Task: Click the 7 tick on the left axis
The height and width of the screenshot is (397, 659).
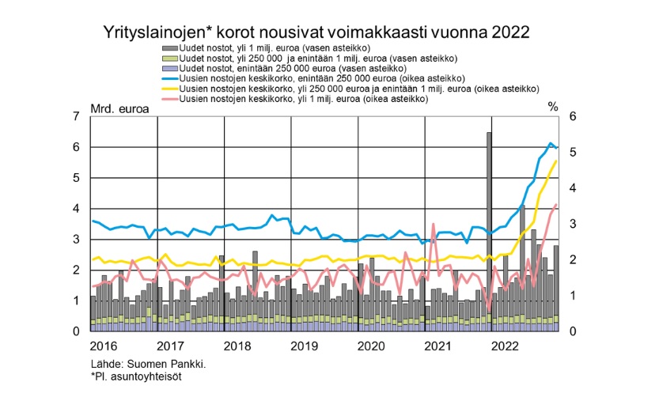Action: click(x=76, y=117)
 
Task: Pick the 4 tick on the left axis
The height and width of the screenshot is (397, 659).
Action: click(x=76, y=209)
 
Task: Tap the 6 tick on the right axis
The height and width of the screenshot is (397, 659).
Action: click(x=572, y=117)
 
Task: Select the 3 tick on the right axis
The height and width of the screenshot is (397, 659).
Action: click(x=572, y=225)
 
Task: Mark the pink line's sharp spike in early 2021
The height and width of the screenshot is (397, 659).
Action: click(x=433, y=225)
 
